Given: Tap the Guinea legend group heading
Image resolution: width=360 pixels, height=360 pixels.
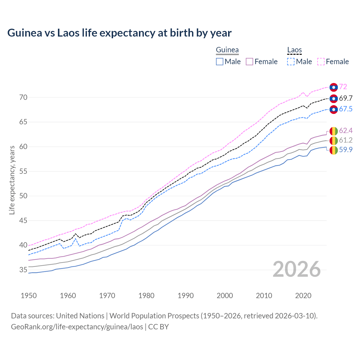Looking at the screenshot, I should coord(227,50).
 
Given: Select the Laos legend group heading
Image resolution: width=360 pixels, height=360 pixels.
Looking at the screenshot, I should coord(294,50).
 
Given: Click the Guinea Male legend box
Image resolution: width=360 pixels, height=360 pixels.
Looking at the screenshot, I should coord(220,62).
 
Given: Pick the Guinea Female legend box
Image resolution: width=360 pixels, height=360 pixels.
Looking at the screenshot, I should coord(250,62).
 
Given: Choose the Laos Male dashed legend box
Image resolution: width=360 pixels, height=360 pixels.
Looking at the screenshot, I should coord(291,62).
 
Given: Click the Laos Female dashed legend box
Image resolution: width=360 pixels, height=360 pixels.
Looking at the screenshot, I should coord(321,62).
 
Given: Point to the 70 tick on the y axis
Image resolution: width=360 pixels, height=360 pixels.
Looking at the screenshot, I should coord(23,98).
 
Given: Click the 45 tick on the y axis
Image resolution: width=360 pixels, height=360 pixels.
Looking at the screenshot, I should coord(23,221).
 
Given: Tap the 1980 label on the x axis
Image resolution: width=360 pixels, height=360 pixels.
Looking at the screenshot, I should coord(147,296).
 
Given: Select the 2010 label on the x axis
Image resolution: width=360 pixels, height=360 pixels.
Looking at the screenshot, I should coord(264,296).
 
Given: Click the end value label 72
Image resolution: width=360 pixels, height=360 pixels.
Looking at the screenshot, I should coord(343,87).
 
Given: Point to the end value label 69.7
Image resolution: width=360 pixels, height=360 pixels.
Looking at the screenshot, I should coord(346,98).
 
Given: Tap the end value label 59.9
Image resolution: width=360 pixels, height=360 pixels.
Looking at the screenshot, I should coord(346,150).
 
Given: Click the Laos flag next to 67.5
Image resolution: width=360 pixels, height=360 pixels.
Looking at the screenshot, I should coord(334,109).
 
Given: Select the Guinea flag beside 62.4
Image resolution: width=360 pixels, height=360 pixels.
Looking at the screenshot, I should coord(334,131).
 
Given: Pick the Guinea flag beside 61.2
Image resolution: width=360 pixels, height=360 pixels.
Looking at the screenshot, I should coord(334,140).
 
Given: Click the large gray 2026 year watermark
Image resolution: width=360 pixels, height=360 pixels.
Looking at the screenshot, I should coord(297,269).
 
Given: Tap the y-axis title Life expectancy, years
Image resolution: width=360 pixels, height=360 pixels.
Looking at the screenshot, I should coord(12,180).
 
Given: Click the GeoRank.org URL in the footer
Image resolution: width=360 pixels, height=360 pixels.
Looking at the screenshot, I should coord(77,327).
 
